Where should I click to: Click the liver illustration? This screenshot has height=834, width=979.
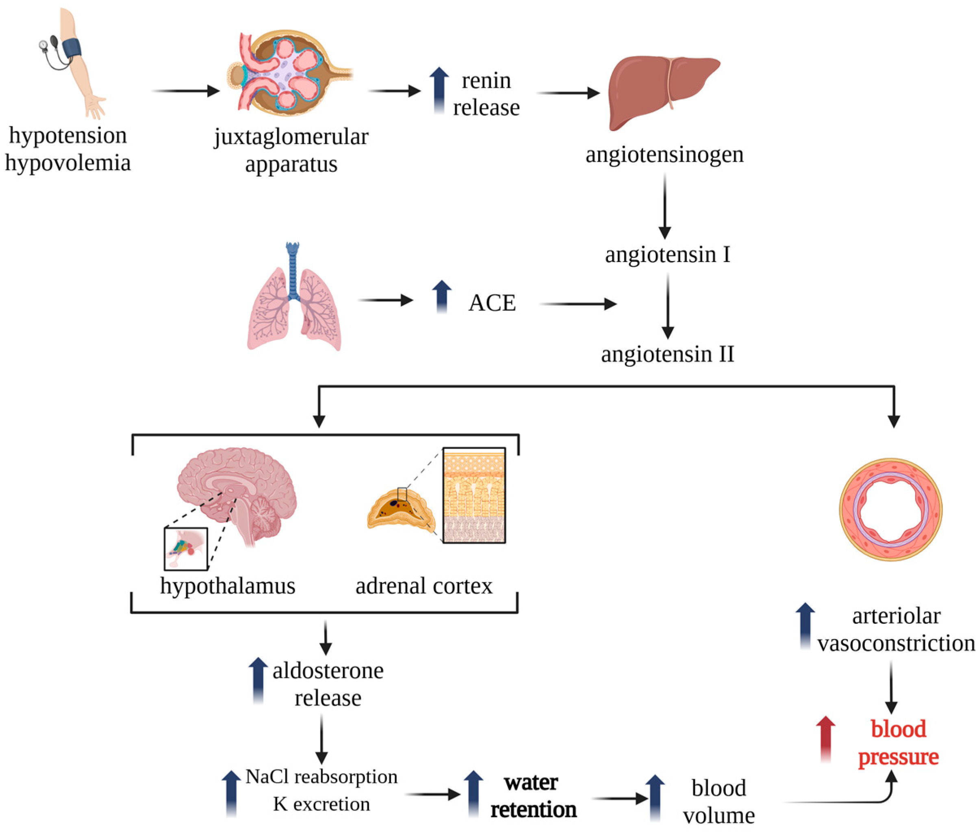662,90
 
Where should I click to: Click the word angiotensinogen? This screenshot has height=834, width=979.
664,154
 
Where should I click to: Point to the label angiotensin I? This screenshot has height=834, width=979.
667,255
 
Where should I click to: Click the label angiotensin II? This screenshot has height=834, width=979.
667,354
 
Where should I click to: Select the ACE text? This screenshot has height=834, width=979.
491,302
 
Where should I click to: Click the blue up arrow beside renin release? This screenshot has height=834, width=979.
439,90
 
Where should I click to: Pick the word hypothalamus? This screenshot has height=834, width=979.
227,586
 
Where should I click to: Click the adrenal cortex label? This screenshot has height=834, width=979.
424,586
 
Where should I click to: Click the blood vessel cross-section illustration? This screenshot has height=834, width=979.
891,509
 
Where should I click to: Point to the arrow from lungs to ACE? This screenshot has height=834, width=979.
385,300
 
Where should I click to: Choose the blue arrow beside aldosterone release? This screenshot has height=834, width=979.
258,680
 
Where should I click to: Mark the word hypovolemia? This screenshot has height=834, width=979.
67,163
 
